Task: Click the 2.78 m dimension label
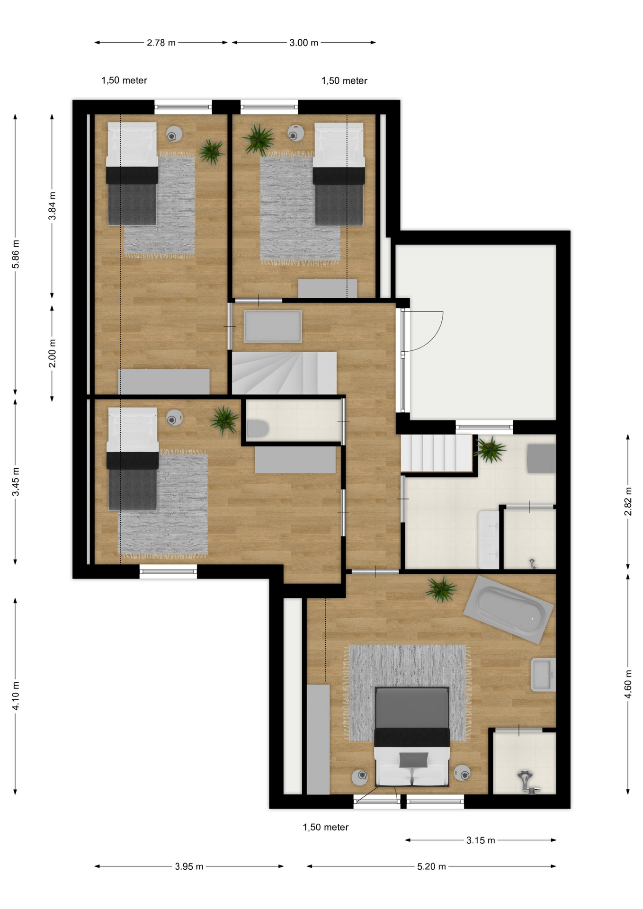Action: point(161,43)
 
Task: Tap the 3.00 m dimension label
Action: point(304,43)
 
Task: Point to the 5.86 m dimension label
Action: point(16,254)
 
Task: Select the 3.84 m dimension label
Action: point(52,206)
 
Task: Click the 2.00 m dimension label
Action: point(52,353)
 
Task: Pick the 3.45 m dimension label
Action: point(16,481)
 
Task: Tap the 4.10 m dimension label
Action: point(16,695)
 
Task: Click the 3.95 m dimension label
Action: point(189,866)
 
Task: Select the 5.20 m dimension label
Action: point(431,866)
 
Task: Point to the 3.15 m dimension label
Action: point(481,840)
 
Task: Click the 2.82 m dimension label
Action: point(628,501)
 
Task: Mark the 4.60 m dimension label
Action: point(628,684)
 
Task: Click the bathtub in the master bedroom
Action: point(509,609)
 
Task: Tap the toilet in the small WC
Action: point(258,428)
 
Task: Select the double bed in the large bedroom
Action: point(412,737)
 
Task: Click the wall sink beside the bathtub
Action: point(543,675)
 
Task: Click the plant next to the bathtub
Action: point(441,589)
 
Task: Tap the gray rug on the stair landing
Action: point(273,326)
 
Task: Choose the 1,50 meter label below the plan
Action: point(326,827)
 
